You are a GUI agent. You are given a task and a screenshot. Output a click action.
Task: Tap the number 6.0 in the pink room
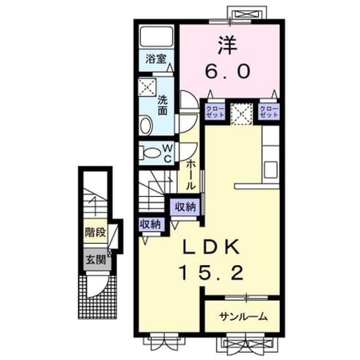click(227, 71)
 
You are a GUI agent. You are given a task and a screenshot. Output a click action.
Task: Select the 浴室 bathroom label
click(156, 59)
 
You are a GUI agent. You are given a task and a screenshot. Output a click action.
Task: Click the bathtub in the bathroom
click(156, 36)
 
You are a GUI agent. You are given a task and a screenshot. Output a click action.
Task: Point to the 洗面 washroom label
click(162, 106)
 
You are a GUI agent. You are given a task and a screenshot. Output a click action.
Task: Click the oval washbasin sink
click(146, 126)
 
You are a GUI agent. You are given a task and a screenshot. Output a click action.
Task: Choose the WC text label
click(167, 153)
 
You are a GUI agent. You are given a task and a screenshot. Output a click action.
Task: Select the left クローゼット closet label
click(215, 111)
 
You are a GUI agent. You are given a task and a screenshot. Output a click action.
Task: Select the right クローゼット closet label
click(269, 111)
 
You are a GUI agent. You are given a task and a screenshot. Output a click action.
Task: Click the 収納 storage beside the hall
click(186, 207)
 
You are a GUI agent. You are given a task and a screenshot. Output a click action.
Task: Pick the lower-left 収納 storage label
click(151, 223)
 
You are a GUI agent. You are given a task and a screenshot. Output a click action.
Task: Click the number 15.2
click(211, 273)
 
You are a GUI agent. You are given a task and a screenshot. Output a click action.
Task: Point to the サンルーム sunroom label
click(243, 317)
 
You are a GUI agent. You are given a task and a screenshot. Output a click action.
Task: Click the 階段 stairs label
click(95, 231)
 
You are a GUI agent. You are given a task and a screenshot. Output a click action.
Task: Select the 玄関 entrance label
click(96, 259)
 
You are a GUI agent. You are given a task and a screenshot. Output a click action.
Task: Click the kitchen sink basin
click(270, 170)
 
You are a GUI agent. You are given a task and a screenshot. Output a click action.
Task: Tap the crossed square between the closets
click(242, 114)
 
